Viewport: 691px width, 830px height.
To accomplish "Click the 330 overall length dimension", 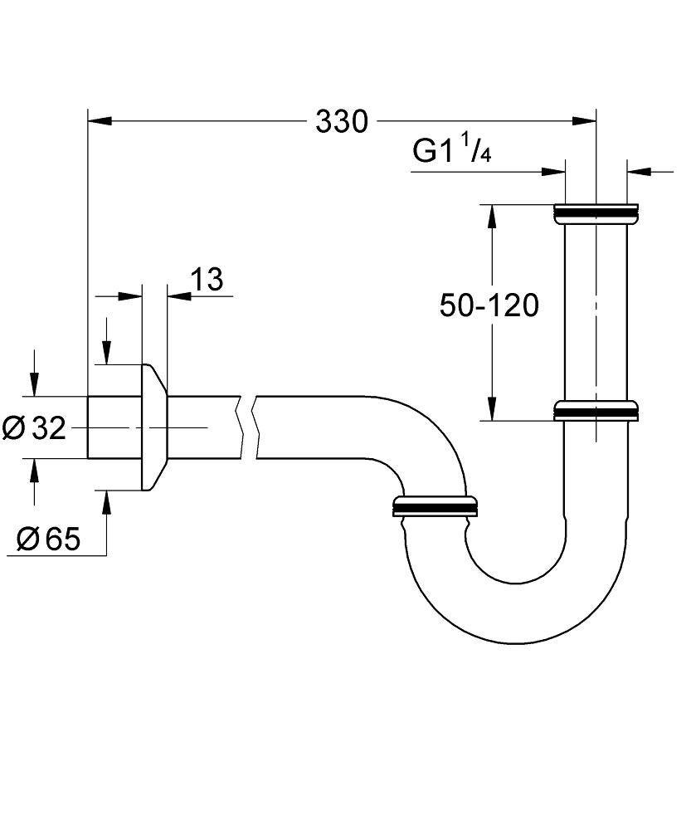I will (x=341, y=122).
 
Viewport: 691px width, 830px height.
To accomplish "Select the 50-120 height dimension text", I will (x=489, y=306).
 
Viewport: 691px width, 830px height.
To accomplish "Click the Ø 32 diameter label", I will (x=34, y=428).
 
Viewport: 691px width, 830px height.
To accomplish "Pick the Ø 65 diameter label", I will (x=48, y=540).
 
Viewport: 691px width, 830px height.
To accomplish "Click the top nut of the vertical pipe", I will (x=595, y=213).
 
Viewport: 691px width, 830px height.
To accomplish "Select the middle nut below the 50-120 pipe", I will (x=595, y=412).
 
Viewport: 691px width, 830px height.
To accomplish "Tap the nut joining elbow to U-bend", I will (x=435, y=505).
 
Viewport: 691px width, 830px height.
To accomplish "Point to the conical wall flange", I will (x=154, y=427).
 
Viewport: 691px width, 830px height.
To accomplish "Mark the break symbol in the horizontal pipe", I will (x=249, y=427).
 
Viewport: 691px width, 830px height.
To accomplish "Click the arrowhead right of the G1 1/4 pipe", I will (x=638, y=172).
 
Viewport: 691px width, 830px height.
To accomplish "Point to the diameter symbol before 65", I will (x=27, y=540).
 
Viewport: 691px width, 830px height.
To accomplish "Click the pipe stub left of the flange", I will (x=114, y=427).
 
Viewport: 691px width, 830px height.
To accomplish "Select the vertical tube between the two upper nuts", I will (x=595, y=311).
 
